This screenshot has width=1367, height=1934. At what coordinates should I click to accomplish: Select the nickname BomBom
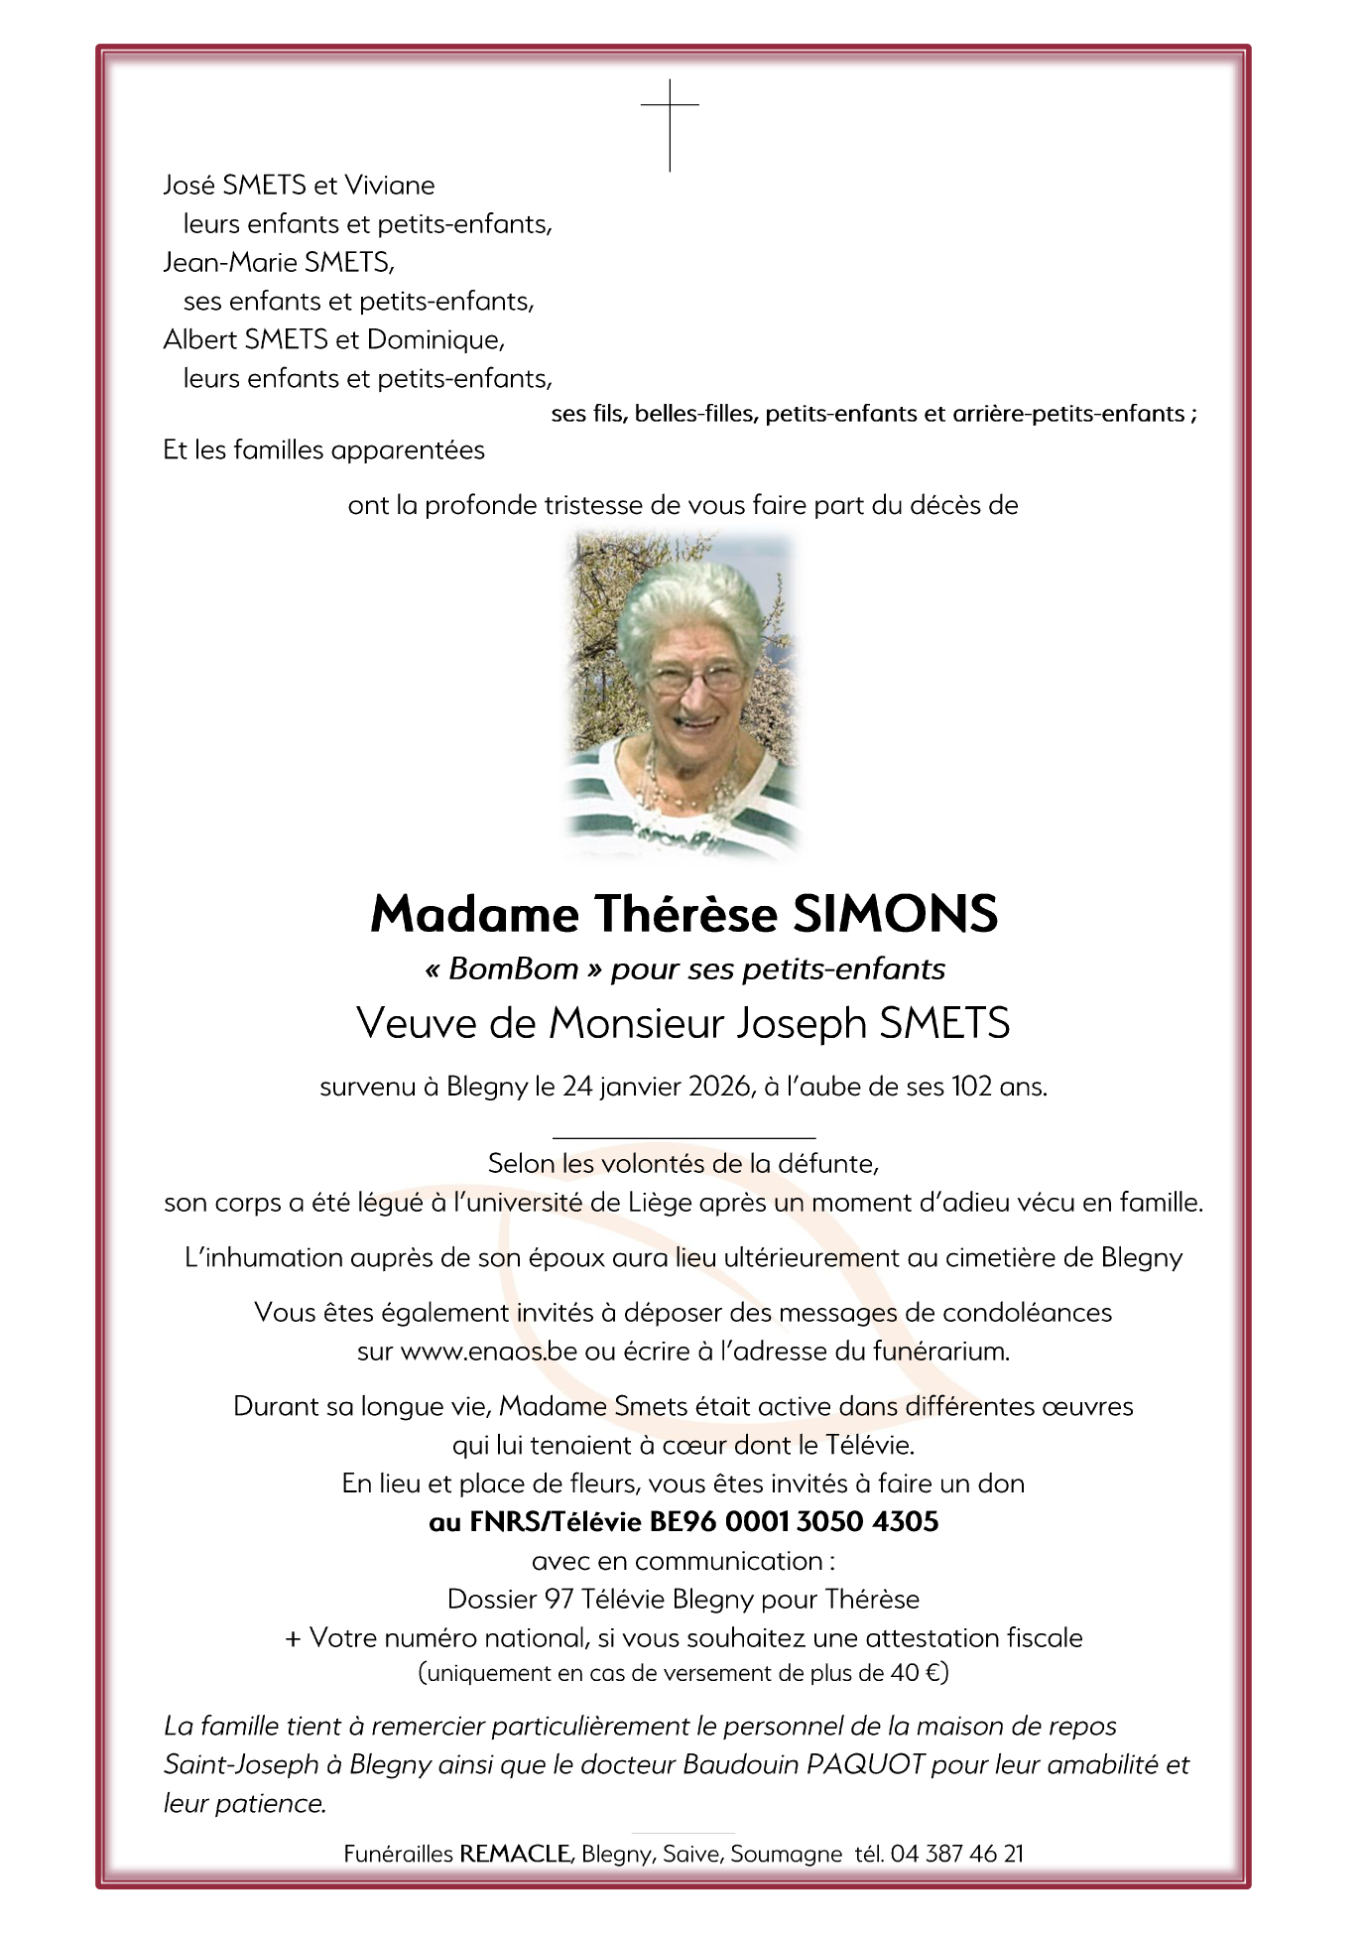(514, 969)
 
